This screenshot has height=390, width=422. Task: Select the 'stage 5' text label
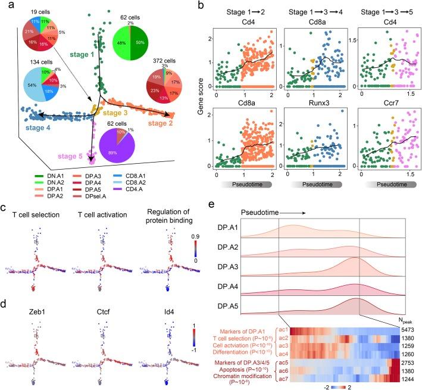71,155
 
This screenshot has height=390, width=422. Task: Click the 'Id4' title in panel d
161,302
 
